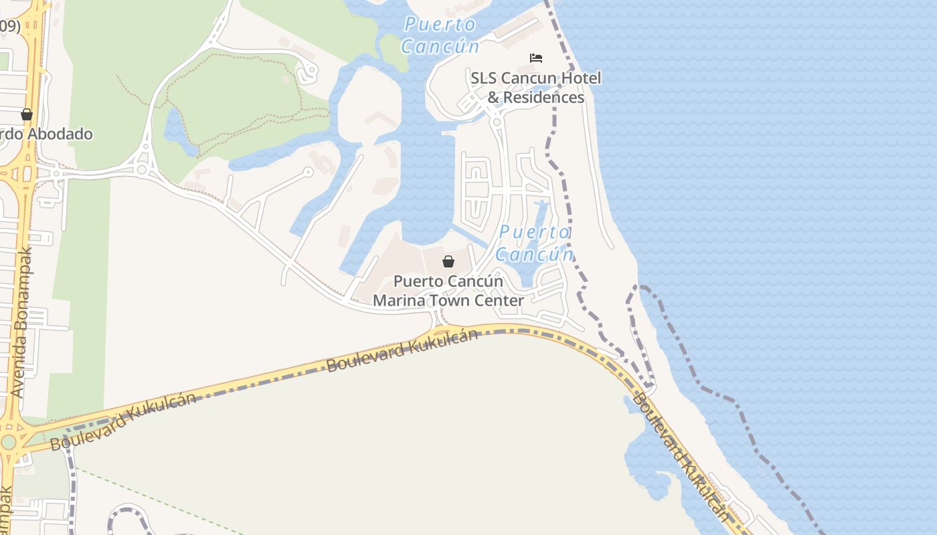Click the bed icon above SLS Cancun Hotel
pos(536,58)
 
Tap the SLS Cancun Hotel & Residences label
pos(535,88)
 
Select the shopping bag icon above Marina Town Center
pos(448,261)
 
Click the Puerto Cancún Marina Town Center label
pos(448,291)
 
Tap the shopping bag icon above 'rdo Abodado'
pos(27,114)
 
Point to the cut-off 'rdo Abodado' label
pos(46,134)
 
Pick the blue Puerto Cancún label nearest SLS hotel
pos(440,35)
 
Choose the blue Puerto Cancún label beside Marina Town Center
pos(535,243)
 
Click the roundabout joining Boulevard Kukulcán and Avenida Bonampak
pos(8,442)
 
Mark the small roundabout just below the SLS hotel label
pos(496,121)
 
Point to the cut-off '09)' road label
pos(9,26)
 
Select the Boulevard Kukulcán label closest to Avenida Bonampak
pos(123,421)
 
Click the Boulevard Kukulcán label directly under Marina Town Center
pos(402,350)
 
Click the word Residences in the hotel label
pos(543,97)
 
